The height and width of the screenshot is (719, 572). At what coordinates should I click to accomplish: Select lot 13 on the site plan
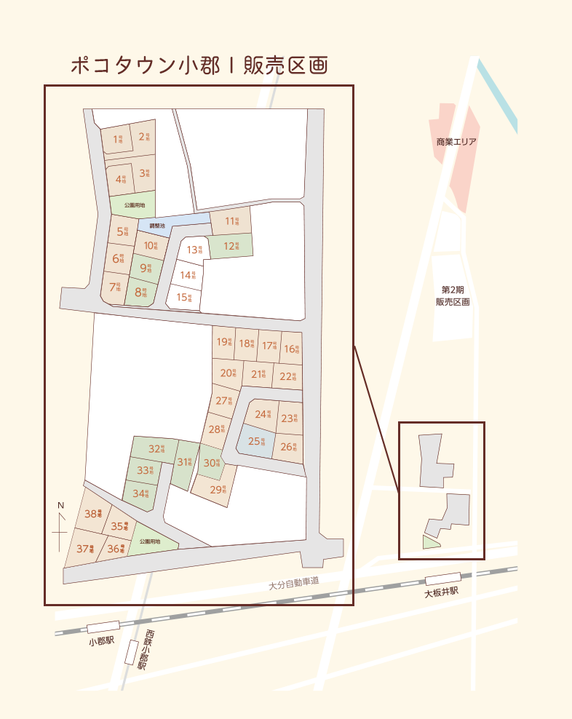pyautogui.click(x=193, y=250)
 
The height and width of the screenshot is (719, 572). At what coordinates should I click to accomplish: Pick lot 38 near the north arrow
pyautogui.click(x=93, y=514)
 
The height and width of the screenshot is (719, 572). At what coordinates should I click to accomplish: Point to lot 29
pyautogui.click(x=218, y=490)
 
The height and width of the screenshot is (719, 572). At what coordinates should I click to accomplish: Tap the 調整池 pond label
pyautogui.click(x=157, y=226)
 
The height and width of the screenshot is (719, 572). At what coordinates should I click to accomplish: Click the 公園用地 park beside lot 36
pyautogui.click(x=150, y=541)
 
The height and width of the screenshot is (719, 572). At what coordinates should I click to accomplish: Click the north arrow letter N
pyautogui.click(x=61, y=505)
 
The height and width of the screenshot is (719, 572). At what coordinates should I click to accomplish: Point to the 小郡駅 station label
pyautogui.click(x=102, y=641)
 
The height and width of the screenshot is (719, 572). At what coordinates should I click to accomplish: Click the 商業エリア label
pyautogui.click(x=456, y=142)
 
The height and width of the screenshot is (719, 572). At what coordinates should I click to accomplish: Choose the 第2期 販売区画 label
pyautogui.click(x=453, y=295)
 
